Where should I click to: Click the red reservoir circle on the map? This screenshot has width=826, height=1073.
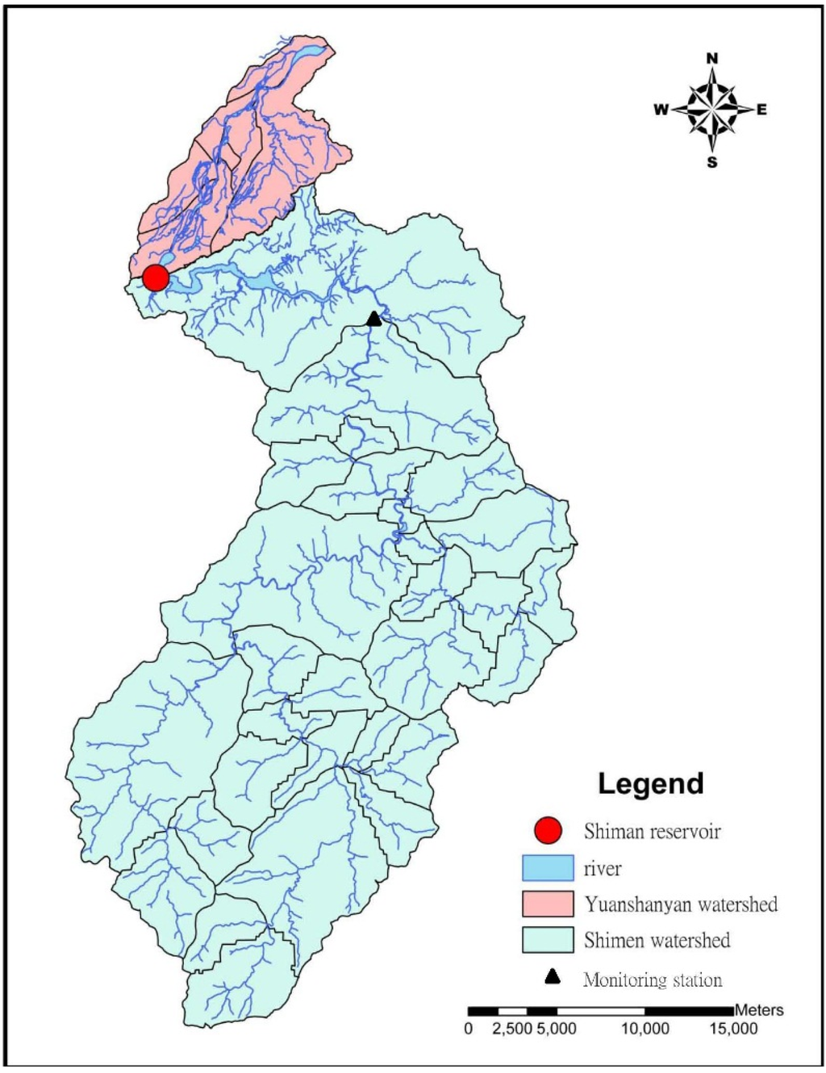tap(156, 278)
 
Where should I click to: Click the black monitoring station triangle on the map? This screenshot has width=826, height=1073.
tap(373, 319)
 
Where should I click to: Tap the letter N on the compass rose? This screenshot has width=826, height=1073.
tap(712, 58)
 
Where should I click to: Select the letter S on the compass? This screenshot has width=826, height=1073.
tap(712, 163)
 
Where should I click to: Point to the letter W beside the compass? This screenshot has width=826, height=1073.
tap(661, 110)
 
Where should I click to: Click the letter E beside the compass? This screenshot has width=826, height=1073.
tap(761, 110)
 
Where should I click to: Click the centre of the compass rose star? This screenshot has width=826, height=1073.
tap(712, 109)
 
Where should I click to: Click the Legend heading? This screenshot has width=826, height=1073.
tap(650, 783)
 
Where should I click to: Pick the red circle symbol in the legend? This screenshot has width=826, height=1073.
tap(548, 830)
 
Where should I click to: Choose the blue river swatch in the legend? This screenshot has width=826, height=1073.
tap(548, 868)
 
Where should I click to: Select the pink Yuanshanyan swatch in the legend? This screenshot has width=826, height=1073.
tap(548, 904)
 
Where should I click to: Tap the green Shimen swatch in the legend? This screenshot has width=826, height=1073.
tap(548, 940)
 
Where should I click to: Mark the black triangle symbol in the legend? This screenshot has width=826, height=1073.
tap(552, 977)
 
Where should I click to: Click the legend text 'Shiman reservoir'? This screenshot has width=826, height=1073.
tap(652, 831)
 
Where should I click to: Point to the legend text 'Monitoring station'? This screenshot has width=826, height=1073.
tap(653, 980)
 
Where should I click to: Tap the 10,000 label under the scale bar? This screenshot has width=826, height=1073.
tap(645, 1029)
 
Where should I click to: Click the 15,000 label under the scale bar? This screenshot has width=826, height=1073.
tap(732, 1029)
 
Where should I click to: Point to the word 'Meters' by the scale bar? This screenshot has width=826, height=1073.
tap(759, 1010)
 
